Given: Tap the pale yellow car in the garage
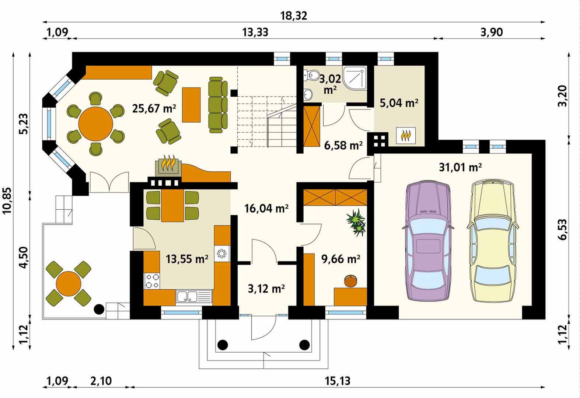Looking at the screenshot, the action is (493, 241).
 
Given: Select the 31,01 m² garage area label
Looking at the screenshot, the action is (460, 167).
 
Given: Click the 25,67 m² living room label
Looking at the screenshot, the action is (154, 108).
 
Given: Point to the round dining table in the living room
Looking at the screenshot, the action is (96, 124).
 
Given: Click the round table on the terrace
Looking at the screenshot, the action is (69, 283).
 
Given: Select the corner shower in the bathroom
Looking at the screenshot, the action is (354, 78).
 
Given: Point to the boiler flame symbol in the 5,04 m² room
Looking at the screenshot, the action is (406, 135).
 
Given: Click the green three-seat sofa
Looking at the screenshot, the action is (218, 105).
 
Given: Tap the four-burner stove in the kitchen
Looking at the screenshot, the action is (152, 281).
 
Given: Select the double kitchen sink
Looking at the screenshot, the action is (194, 297).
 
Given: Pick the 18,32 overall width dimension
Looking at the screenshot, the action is (294, 16).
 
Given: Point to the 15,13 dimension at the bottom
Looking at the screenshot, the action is (338, 381).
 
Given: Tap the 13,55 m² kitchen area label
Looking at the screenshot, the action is (187, 259).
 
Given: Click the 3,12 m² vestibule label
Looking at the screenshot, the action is (266, 289).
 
